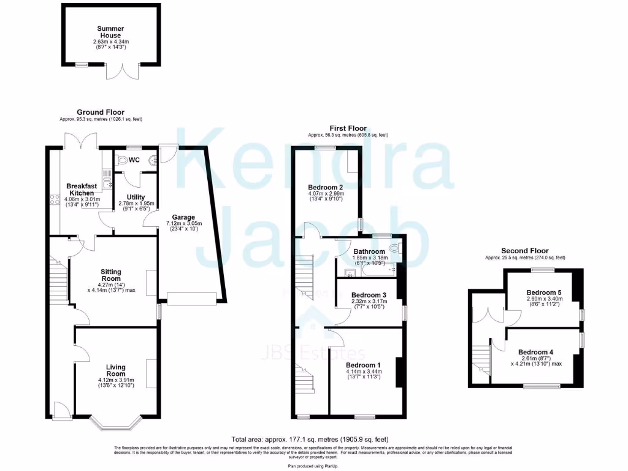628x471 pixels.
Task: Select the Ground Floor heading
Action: pos(100,112)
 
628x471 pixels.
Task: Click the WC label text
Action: pos(135,160)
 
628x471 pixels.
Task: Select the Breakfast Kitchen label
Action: pos(81,190)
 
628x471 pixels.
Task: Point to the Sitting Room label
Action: pos(111,276)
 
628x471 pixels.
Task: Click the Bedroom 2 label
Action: pos(325,187)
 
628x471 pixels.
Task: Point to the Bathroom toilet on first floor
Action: pos(400,248)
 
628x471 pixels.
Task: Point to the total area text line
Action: pos(309,439)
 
